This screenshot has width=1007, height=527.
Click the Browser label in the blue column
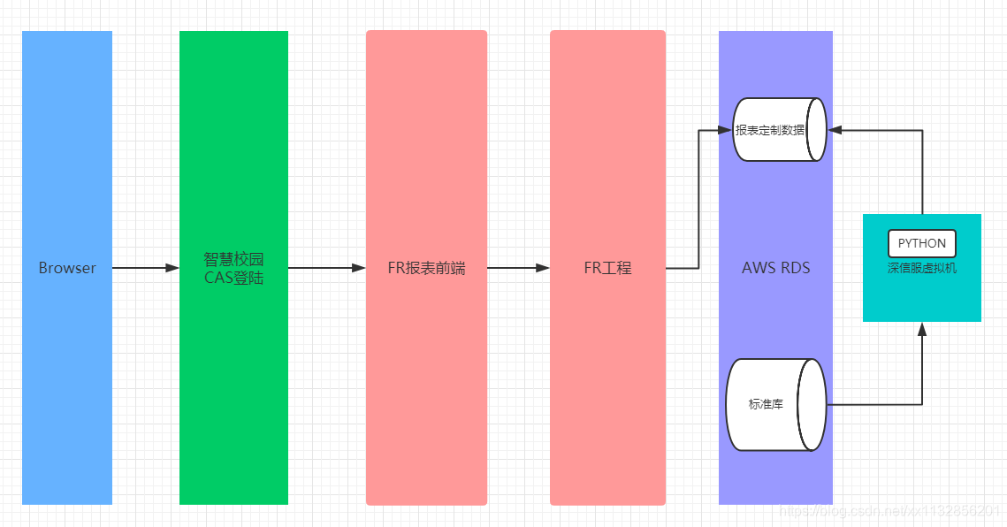67,268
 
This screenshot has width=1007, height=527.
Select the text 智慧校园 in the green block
233,260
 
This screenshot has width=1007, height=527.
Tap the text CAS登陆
233,279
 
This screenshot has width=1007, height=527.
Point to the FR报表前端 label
426,268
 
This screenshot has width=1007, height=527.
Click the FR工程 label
607,268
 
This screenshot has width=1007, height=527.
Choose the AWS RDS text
775,268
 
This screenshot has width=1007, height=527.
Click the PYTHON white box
922,243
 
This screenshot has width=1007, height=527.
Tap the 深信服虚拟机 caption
922,268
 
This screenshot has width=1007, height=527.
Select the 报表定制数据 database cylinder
779,130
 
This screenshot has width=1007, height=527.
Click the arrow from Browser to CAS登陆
146,268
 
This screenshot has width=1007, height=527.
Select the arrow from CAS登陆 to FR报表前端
327,268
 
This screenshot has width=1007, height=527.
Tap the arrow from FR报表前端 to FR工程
518,268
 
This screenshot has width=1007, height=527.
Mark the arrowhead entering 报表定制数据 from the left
727,131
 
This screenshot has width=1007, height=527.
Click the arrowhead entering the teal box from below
922,329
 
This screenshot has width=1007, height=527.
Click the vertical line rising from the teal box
922,172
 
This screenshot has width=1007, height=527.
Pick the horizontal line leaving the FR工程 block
682,268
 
